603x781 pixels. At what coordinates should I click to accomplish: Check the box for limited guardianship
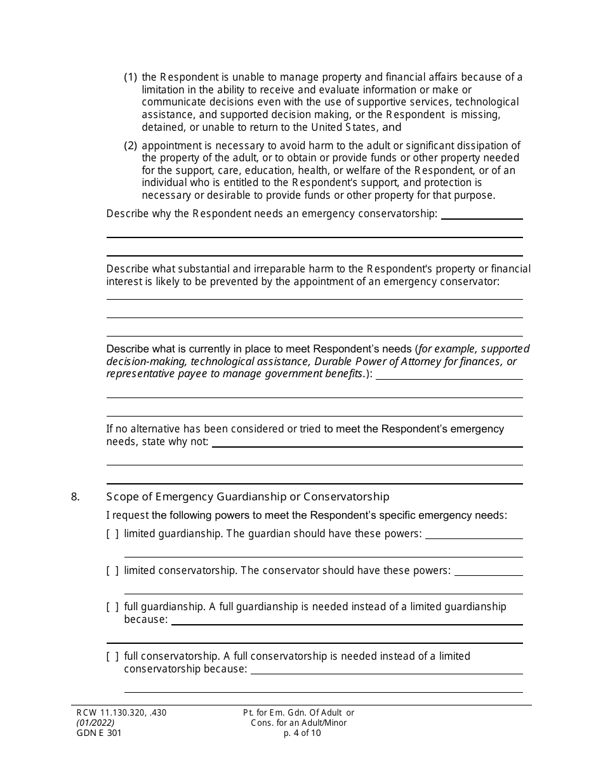point(112,534)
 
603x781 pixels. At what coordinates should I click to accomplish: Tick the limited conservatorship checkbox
point(112,571)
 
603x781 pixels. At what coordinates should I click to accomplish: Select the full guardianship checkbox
point(112,607)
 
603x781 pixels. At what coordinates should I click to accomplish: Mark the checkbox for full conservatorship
point(112,657)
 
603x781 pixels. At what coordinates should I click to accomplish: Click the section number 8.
point(76,497)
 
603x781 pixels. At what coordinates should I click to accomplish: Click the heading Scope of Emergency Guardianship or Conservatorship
point(248,497)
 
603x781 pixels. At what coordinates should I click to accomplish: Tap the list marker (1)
point(130,77)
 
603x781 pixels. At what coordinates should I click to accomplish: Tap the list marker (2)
point(130,145)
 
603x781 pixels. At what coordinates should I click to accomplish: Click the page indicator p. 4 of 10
point(303,733)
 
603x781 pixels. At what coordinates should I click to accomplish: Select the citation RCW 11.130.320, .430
point(119,712)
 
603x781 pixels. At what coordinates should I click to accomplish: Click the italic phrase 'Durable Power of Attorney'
point(435,361)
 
